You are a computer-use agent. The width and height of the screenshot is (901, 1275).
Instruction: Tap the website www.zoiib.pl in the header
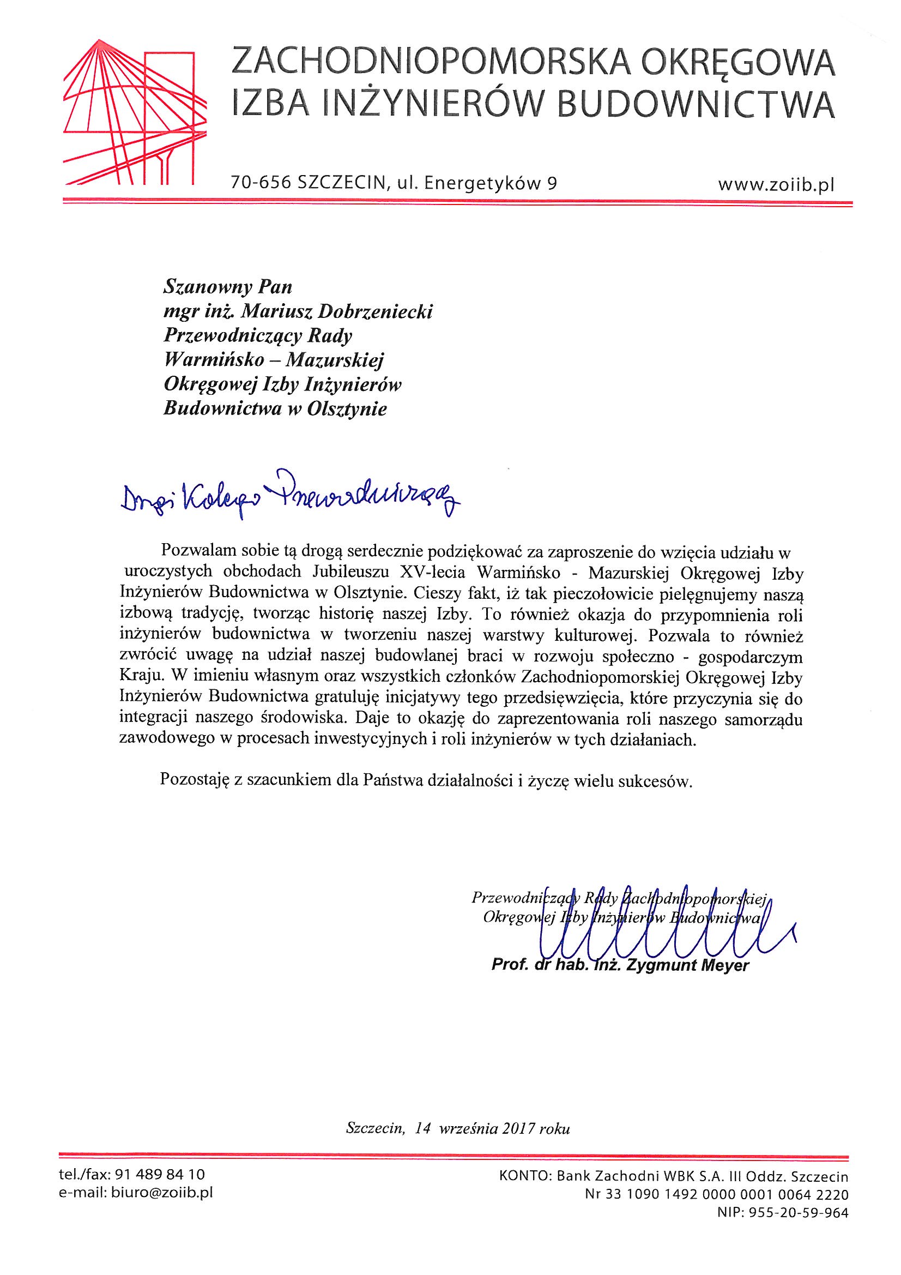pos(776,185)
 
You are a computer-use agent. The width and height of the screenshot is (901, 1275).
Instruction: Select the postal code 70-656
pos(261,184)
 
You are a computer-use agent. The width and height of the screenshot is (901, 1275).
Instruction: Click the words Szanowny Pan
pos(227,287)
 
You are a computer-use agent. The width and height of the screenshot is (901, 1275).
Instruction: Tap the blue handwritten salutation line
pos(289,495)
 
